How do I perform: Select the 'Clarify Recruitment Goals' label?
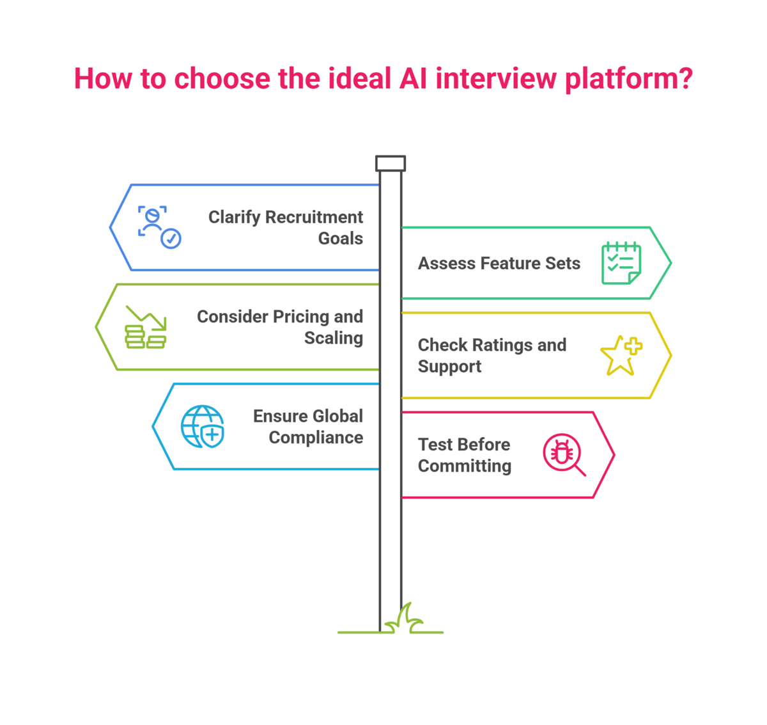click(x=286, y=227)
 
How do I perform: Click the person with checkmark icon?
click(x=159, y=227)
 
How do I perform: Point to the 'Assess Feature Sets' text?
click(x=499, y=263)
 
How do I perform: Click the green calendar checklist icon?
click(x=621, y=262)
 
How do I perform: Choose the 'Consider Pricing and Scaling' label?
click(x=280, y=327)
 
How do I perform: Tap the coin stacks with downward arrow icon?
click(x=146, y=327)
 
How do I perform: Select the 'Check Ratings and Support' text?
click(x=492, y=355)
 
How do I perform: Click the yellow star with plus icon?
click(x=621, y=355)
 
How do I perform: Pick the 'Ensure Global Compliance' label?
click(x=308, y=426)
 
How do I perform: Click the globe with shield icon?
click(x=203, y=426)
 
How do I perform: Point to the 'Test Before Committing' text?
click(x=465, y=455)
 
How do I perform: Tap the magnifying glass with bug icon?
click(x=564, y=454)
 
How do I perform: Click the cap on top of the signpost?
click(x=391, y=163)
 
